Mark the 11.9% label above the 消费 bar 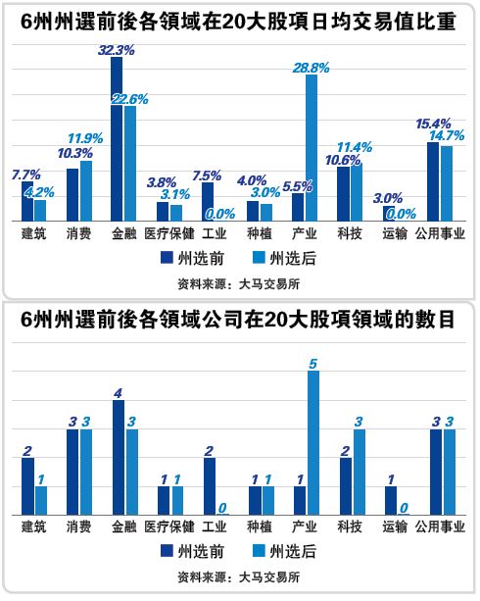pyautogui.click(x=86, y=137)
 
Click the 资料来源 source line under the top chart pyautogui.click(x=239, y=284)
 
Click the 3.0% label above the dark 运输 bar pyautogui.click(x=388, y=197)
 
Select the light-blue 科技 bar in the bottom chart pyautogui.click(x=358, y=473)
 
